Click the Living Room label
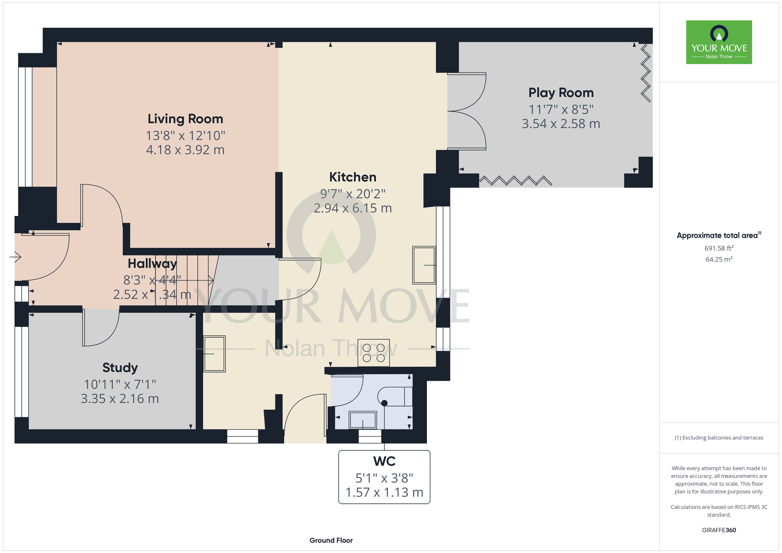(185, 119)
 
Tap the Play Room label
(561, 93)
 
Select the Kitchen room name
(353, 177)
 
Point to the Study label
(120, 368)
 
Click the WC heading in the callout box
(384, 461)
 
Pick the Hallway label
(152, 264)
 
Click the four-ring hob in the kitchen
(373, 353)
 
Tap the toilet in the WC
(395, 397)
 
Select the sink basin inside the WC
(363, 420)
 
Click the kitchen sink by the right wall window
(424, 265)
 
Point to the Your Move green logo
(719, 42)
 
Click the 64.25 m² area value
(719, 259)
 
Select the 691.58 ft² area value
(719, 248)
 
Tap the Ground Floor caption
(331, 540)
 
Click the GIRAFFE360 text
(719, 530)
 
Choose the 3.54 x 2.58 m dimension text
(561, 124)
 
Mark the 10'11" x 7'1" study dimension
(120, 385)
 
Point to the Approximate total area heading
(719, 235)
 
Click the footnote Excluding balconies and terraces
(719, 438)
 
